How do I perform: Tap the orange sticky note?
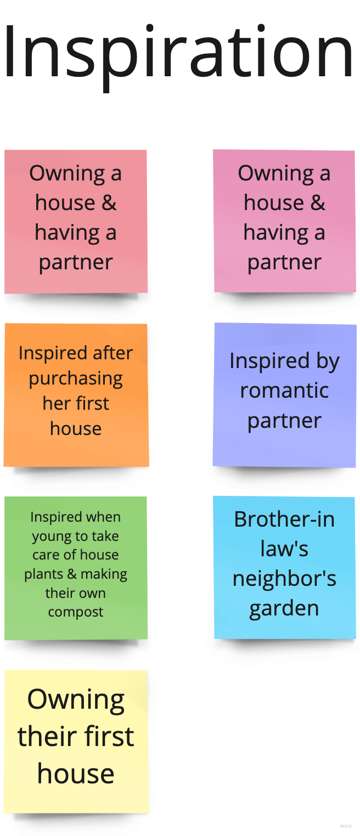pos(76,395)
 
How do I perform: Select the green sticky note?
pos(76,568)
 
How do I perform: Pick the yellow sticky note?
pos(76,741)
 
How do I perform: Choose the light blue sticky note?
pos(284,567)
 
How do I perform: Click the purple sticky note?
pos(284,394)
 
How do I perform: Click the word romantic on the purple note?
pos(284,391)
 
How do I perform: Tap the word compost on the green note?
pos(76,612)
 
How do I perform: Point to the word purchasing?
pos(76,379)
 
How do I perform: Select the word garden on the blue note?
pos(284,608)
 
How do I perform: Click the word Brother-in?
pos(284,519)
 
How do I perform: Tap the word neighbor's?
pos(284,579)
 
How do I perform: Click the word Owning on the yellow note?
pos(76,699)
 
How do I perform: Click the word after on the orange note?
pos(113,353)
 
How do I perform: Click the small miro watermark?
pos(346,826)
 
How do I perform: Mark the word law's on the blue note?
pos(284,549)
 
